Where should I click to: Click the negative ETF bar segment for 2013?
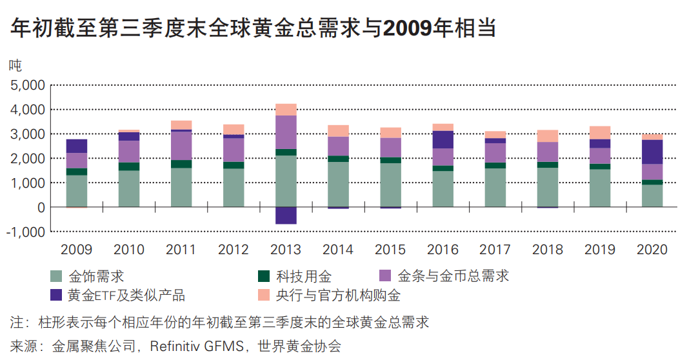tap(286, 215)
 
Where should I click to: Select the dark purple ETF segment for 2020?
tap(652, 152)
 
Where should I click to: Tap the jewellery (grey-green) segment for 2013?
tap(286, 181)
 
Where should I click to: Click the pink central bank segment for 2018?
tap(548, 135)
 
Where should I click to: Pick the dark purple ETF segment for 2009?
tap(77, 146)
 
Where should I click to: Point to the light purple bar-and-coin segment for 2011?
tap(181, 146)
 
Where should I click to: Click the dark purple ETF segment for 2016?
tap(443, 139)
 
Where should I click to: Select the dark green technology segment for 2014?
tap(339, 159)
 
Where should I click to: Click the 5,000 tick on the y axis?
tap(26, 85)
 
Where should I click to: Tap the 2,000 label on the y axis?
tap(26, 159)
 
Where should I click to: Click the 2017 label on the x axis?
tap(495, 250)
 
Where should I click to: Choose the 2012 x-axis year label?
tap(234, 250)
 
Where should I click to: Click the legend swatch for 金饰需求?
tap(57, 277)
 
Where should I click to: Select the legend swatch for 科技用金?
tap(263, 277)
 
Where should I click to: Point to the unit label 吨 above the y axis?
tap(15, 65)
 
